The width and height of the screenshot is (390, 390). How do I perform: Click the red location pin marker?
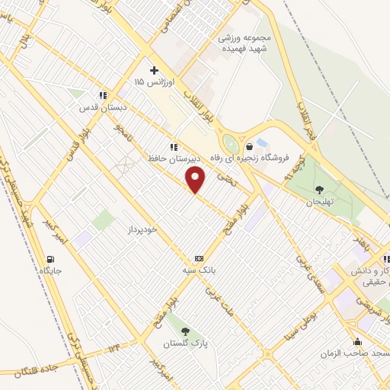point(197,180)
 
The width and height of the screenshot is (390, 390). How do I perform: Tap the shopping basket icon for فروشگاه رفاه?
point(249,147)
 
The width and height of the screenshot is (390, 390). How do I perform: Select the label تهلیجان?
point(320,203)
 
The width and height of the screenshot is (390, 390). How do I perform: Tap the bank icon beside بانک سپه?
point(199,258)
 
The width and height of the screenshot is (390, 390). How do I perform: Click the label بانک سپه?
point(202,270)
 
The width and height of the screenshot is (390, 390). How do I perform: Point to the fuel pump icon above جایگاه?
point(51,259)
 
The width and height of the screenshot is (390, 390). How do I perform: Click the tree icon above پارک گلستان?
point(185,331)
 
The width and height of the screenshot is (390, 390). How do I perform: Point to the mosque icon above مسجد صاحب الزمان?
point(356,341)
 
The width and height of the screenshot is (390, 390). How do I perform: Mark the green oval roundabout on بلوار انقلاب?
point(229,142)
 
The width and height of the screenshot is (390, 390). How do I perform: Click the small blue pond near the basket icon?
point(262,142)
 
